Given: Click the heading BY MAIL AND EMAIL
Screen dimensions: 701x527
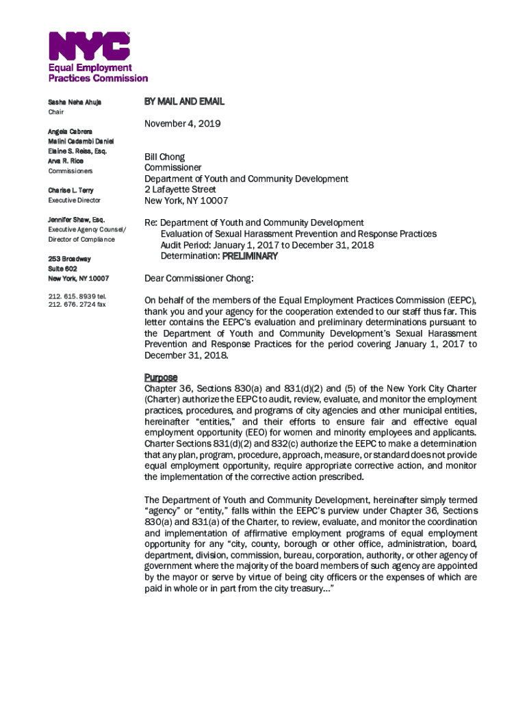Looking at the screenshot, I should (184, 102).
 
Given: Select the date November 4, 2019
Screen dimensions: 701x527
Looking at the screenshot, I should (183, 125).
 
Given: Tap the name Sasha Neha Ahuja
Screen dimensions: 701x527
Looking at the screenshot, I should (75, 103).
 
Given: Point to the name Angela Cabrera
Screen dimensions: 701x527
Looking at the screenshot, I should (70, 131).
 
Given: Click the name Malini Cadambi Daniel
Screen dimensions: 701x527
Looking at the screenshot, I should (80, 141).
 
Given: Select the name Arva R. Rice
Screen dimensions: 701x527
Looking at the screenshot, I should (66, 161).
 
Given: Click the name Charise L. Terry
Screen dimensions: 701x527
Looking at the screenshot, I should (70, 190).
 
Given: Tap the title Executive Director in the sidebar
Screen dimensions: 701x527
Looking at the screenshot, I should (74, 201).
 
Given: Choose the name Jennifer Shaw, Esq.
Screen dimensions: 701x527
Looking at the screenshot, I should (76, 220).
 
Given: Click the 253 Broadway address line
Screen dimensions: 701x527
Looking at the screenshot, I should (69, 259).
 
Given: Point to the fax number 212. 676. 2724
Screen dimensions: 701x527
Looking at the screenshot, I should (77, 305).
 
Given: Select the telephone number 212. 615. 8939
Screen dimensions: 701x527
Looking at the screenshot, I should (77, 296).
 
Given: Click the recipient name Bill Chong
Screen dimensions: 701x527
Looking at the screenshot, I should (164, 157).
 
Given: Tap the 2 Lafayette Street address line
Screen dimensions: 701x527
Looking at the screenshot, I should (179, 190).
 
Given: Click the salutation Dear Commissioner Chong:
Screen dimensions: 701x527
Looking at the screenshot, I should (198, 279).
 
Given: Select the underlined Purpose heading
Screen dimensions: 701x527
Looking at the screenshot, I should (161, 378).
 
